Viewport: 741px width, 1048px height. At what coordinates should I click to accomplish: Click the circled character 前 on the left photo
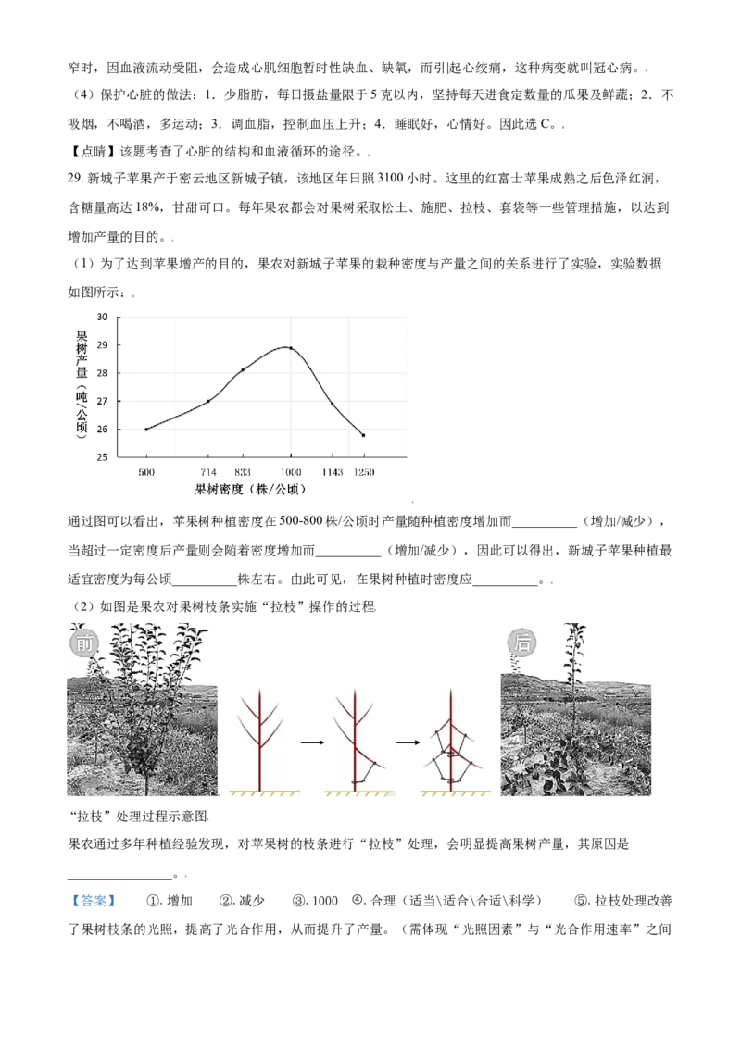83,643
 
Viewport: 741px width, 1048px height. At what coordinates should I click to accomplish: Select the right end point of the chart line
365,433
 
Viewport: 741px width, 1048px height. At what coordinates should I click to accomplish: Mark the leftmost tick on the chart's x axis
173,455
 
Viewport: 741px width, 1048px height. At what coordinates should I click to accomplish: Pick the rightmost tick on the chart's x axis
403,455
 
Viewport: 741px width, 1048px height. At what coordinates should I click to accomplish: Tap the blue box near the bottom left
93,900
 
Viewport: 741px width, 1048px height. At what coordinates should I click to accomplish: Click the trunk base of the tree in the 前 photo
145,787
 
